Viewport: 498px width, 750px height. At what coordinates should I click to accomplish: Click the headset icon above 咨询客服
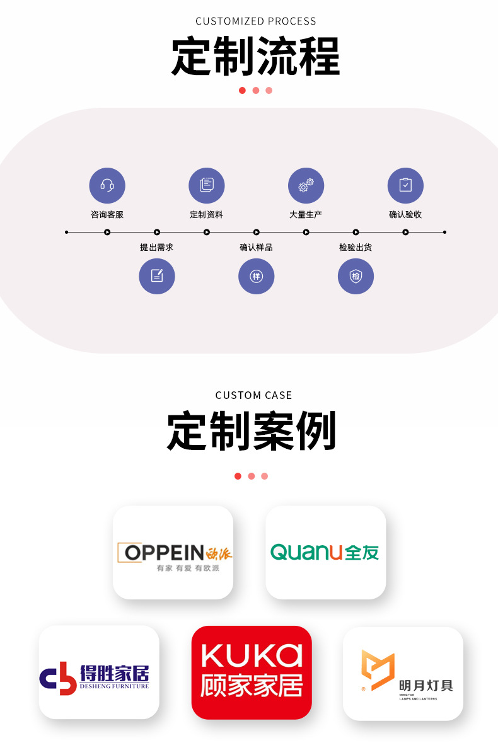click(107, 185)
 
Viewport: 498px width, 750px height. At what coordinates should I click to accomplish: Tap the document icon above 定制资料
click(207, 185)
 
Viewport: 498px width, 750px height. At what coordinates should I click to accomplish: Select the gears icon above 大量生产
click(306, 185)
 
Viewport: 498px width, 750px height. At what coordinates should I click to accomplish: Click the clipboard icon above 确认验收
click(406, 185)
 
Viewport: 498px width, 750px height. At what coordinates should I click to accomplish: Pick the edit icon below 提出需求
click(157, 276)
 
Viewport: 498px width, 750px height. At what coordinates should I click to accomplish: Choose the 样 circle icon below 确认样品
click(257, 276)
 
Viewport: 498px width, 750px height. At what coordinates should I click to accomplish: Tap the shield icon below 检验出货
click(356, 276)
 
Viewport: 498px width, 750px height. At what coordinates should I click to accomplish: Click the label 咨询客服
click(107, 215)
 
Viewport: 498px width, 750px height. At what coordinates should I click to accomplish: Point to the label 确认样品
click(256, 247)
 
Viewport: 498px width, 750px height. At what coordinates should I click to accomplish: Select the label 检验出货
click(356, 247)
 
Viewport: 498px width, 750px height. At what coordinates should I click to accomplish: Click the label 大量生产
click(306, 215)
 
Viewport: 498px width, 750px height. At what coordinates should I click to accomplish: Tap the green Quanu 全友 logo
click(325, 552)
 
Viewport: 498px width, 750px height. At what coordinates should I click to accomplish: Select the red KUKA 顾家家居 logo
click(252, 672)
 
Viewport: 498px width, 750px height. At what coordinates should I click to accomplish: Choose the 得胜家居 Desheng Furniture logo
click(95, 678)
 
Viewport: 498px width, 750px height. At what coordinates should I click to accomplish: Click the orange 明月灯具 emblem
click(378, 670)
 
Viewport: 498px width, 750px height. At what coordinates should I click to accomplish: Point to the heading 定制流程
click(256, 57)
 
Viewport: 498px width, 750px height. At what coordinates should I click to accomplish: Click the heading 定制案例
click(252, 431)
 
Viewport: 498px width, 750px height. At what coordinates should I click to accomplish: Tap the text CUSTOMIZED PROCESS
click(256, 21)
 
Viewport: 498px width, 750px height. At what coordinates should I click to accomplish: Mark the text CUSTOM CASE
click(253, 395)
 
